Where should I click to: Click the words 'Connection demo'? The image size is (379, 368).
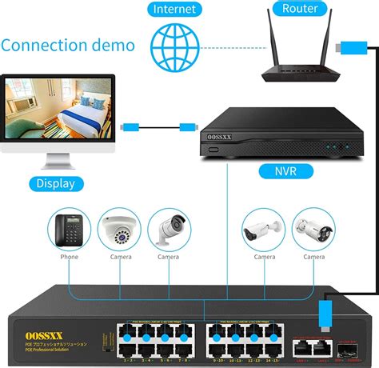pyautogui.click(x=68, y=44)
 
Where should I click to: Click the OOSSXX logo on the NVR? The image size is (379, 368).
pyautogui.click(x=216, y=137)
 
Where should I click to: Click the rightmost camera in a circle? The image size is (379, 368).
pyautogui.click(x=314, y=230)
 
